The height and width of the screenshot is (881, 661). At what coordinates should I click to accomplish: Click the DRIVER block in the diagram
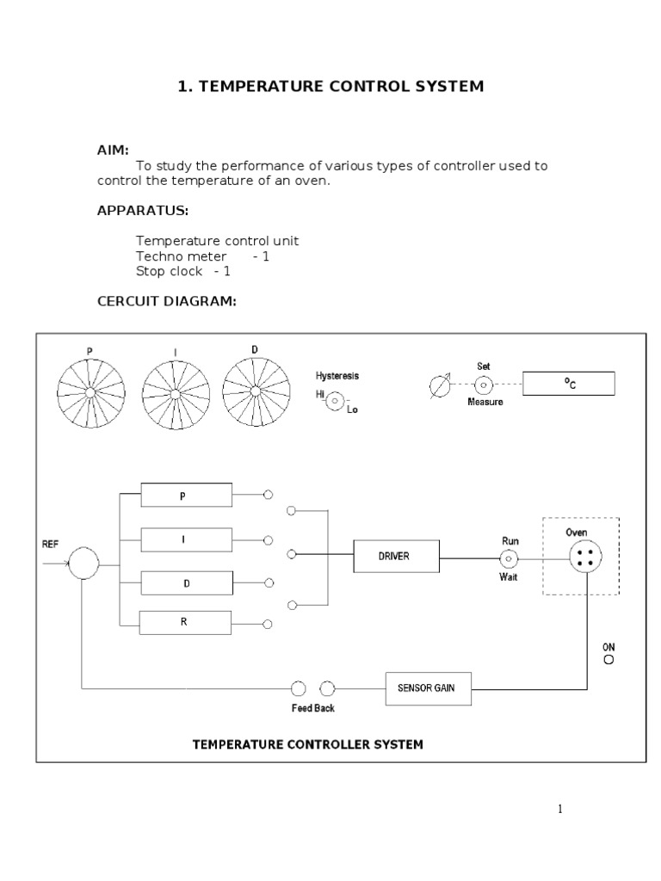(x=397, y=556)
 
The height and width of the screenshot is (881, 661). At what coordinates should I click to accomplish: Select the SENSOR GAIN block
(x=429, y=688)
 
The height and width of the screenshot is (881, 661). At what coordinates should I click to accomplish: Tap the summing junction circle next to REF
(x=84, y=564)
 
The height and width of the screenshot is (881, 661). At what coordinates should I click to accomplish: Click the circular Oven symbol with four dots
(x=585, y=557)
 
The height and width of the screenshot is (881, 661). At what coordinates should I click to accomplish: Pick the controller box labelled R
(x=186, y=622)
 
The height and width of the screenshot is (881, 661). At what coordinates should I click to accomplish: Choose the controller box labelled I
(x=186, y=540)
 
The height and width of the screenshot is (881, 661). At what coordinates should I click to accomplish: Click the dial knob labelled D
(x=255, y=391)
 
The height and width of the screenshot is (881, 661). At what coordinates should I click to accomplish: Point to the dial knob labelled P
(x=90, y=394)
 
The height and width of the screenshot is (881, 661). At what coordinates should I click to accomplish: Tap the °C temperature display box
(x=569, y=384)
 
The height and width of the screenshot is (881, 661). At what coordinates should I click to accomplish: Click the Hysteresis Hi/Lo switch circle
(x=336, y=400)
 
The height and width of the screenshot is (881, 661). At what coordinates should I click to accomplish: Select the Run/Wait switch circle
(x=509, y=558)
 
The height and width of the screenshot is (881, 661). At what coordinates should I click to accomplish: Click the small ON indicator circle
(x=608, y=660)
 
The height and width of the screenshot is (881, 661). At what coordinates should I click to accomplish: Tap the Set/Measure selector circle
(x=484, y=384)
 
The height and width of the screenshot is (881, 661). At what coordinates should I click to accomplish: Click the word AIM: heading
(x=113, y=150)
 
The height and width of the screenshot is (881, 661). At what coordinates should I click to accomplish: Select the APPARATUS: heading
(x=143, y=211)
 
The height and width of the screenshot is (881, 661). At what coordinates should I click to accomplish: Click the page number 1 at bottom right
(x=559, y=809)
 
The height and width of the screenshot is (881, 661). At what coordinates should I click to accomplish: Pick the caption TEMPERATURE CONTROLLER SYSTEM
(x=307, y=744)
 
